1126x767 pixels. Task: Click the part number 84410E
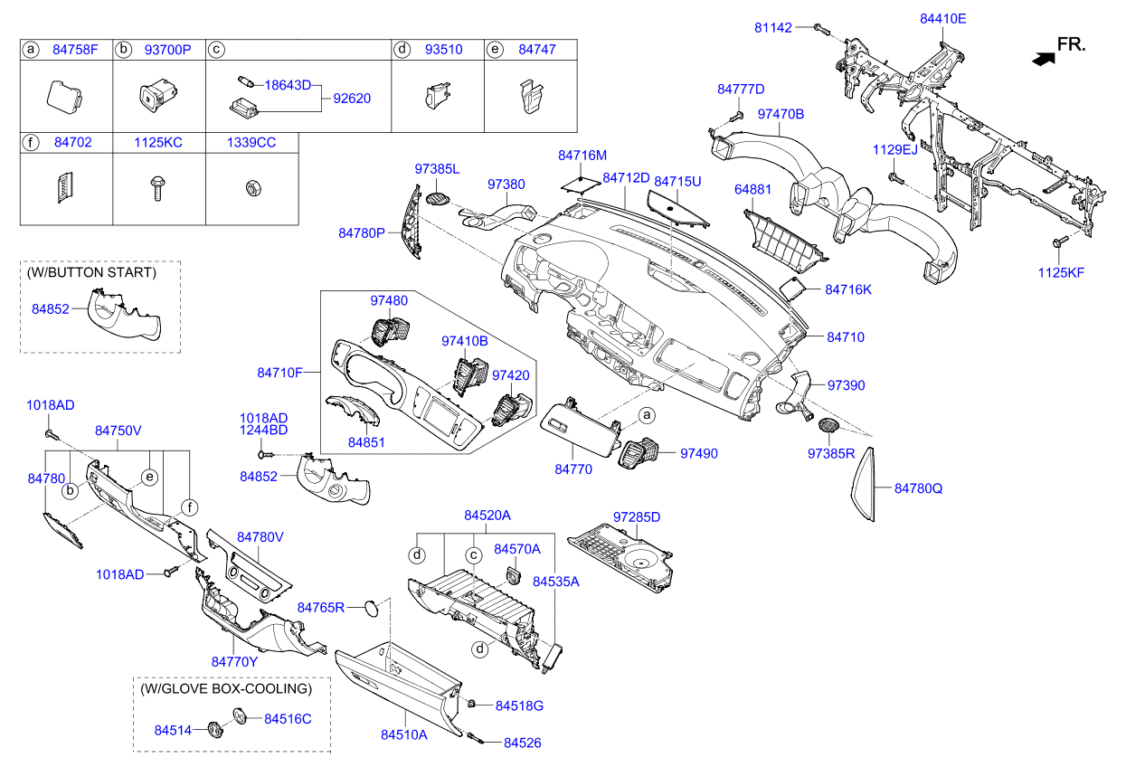coord(943,18)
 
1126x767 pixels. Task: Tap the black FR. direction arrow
coord(1044,58)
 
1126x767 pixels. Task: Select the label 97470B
coord(781,115)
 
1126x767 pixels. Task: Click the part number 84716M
coord(582,156)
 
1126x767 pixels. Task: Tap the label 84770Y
coord(235,662)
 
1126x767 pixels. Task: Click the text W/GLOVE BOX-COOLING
coord(226,688)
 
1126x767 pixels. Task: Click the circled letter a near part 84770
coord(646,415)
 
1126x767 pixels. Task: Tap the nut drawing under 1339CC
coord(251,188)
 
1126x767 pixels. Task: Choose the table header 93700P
coord(167,50)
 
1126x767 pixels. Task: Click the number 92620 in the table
coord(352,98)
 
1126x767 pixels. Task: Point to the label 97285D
coord(637,517)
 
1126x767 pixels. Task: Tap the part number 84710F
coord(279,373)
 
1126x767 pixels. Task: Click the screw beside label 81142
coord(819,28)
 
